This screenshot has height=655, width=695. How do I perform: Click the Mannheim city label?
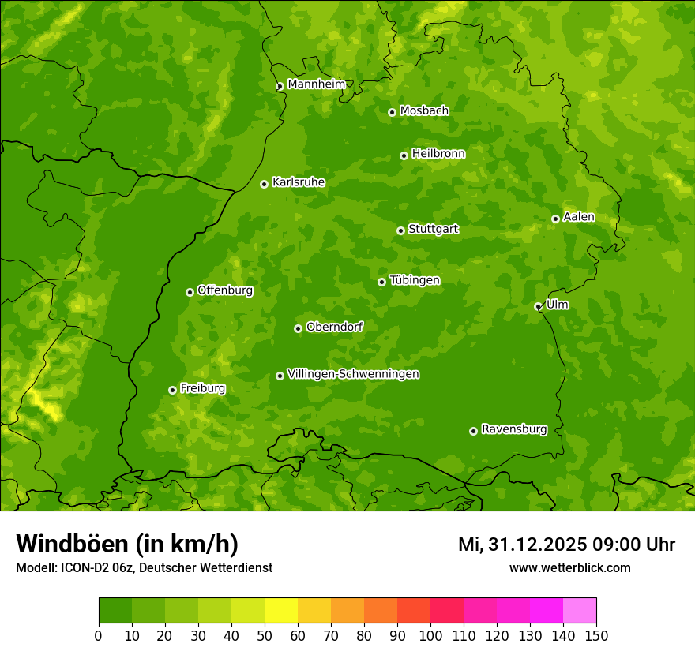point(316,84)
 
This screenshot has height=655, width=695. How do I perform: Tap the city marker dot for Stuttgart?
point(400,230)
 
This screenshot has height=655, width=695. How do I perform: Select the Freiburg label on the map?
point(202,388)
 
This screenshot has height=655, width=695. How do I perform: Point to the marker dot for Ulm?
point(538,306)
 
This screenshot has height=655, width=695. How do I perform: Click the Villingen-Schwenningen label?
point(353,374)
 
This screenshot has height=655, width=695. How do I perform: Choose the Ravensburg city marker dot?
point(473,431)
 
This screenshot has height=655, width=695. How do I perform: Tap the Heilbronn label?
point(438,154)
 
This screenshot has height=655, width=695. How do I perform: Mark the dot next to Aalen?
point(555,219)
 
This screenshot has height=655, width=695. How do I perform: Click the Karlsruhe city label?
point(298,182)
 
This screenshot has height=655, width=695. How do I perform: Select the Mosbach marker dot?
point(392,112)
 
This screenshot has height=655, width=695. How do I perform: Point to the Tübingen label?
point(415,280)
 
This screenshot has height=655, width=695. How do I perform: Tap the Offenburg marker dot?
point(190,292)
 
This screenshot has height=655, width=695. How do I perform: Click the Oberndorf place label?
point(334,327)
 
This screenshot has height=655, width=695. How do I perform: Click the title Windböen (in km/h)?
point(127,544)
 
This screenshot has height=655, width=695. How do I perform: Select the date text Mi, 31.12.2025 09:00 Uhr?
point(566,545)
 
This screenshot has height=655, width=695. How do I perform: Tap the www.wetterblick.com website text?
point(569,567)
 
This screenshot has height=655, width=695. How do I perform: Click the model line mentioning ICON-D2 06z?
point(144,567)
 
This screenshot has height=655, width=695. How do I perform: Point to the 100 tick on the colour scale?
point(430,635)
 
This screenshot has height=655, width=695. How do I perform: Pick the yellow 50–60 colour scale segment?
point(281,611)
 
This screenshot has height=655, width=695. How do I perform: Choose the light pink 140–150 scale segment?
point(580,611)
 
